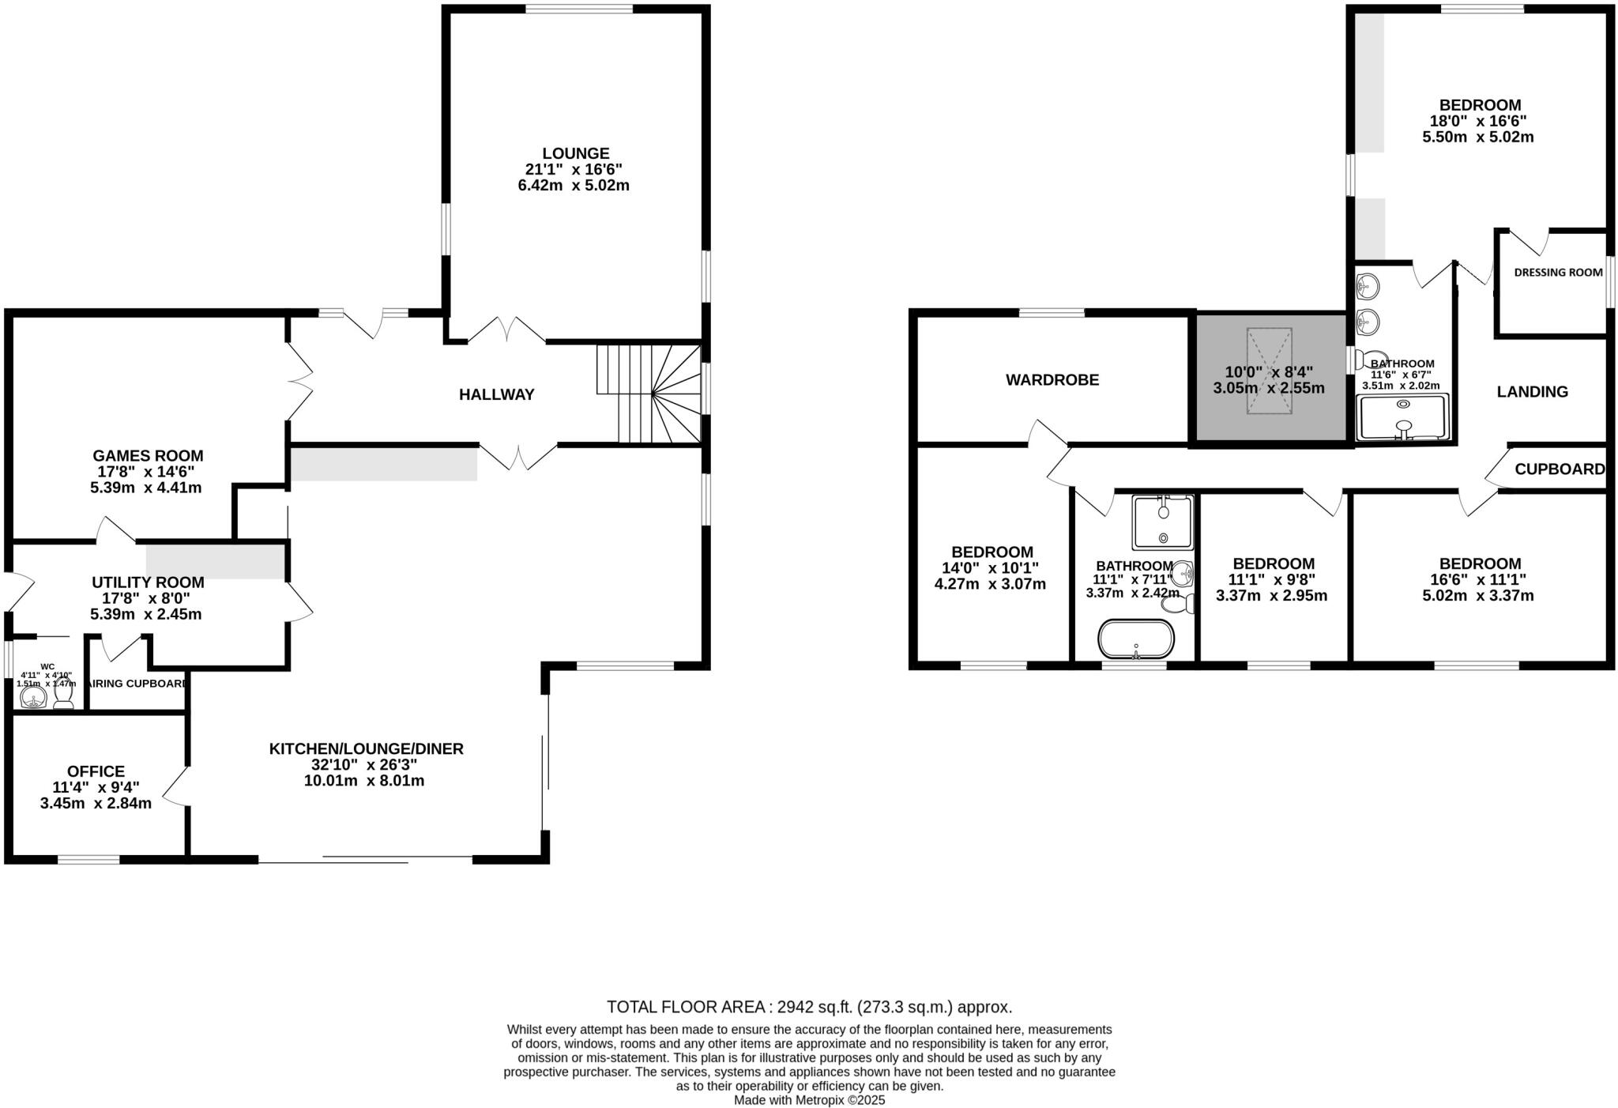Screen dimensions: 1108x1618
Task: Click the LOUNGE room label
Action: [575, 153]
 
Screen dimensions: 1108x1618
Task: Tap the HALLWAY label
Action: [497, 394]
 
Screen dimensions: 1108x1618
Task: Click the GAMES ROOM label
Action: [148, 456]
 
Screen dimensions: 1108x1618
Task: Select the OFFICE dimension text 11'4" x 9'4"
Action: [96, 787]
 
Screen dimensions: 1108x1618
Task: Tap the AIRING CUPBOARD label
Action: [137, 684]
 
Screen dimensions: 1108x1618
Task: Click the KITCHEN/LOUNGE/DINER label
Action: [366, 748]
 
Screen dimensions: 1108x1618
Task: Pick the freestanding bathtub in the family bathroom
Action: [1136, 639]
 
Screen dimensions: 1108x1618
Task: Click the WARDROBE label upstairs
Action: [1052, 380]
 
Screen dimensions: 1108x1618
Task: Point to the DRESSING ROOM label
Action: [1558, 273]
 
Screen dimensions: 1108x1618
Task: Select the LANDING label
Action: [1533, 392]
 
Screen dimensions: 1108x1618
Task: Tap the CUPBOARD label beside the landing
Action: [1560, 469]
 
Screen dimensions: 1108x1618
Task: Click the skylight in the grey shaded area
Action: [1270, 371]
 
